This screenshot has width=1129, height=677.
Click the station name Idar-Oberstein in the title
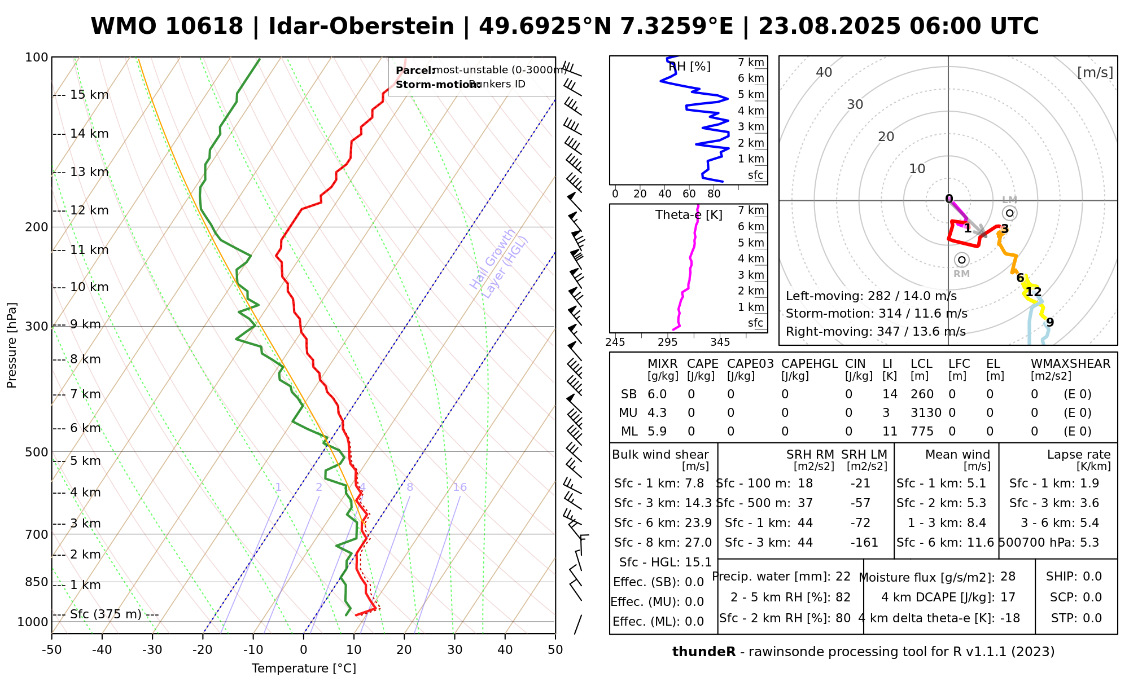click(361, 27)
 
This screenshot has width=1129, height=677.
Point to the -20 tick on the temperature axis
click(203, 650)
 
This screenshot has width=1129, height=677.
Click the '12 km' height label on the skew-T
click(89, 210)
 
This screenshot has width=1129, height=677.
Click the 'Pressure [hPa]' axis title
click(12, 345)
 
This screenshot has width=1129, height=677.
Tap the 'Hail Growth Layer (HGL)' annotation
click(499, 263)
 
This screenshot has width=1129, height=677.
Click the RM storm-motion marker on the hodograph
click(962, 260)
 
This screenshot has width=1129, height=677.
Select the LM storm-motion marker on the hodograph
click(1010, 213)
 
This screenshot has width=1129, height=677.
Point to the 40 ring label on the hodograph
click(824, 72)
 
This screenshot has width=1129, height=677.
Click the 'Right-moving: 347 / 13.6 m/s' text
click(876, 332)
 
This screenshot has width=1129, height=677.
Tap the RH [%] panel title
click(689, 67)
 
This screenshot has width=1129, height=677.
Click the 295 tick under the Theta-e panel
click(667, 342)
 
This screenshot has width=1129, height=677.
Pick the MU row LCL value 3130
click(926, 413)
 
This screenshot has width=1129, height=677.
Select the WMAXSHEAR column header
click(1070, 364)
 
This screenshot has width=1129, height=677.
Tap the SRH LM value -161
click(864, 543)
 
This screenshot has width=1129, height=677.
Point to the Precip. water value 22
click(843, 577)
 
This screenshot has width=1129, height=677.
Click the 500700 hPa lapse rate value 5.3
click(1089, 543)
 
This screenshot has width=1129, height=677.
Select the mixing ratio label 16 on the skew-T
click(460, 487)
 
